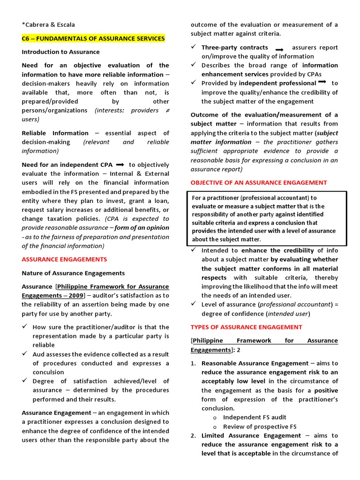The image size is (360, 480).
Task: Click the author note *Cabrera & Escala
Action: coord(48,24)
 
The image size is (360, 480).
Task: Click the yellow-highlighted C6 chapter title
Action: coord(93,38)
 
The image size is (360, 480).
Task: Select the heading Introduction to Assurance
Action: coord(60,52)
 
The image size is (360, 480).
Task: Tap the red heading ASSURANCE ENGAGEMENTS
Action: coord(64,259)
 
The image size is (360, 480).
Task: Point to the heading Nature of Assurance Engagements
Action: coord(73,273)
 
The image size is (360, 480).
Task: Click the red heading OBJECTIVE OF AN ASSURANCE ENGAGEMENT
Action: coord(259,182)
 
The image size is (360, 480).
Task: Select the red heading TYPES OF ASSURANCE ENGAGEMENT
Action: coord(246,327)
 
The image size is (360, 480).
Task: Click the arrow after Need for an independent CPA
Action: coord(120,165)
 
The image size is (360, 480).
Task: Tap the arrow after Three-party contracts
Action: coord(279,49)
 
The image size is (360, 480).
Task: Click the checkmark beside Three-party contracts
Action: coord(194,47)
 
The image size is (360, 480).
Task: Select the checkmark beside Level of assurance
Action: coord(194,304)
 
